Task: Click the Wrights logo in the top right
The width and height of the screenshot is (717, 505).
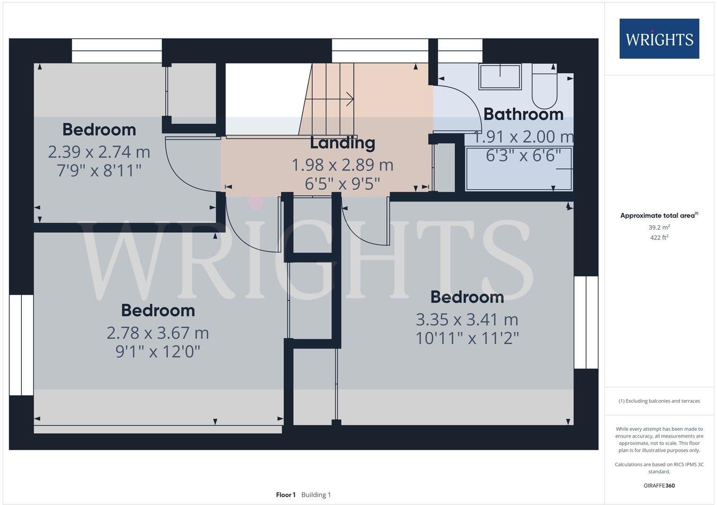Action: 659,39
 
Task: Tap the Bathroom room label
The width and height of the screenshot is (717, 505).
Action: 523,114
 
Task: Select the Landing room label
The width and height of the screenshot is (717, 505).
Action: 343,143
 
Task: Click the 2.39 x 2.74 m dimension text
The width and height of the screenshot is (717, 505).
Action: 99,152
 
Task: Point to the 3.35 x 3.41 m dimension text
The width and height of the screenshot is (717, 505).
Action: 467,320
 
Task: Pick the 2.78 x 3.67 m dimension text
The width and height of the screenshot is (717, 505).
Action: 158,333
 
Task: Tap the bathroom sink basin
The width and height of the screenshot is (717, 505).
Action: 500,77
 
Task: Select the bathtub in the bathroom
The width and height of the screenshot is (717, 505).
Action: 518,169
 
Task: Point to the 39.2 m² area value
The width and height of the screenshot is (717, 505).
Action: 659,227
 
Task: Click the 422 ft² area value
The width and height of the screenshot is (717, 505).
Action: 659,238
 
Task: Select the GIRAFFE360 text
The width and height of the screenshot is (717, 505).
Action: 659,485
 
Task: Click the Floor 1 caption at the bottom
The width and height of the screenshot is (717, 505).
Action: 286,495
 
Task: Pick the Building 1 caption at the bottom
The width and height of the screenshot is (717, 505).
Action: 316,495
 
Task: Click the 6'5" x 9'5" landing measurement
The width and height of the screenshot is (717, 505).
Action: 343,184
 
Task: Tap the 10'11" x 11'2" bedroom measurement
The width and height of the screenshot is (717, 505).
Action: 467,338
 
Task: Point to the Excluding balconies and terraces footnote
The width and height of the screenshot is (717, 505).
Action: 659,401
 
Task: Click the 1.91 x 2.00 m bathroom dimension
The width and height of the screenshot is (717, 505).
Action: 523,137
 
